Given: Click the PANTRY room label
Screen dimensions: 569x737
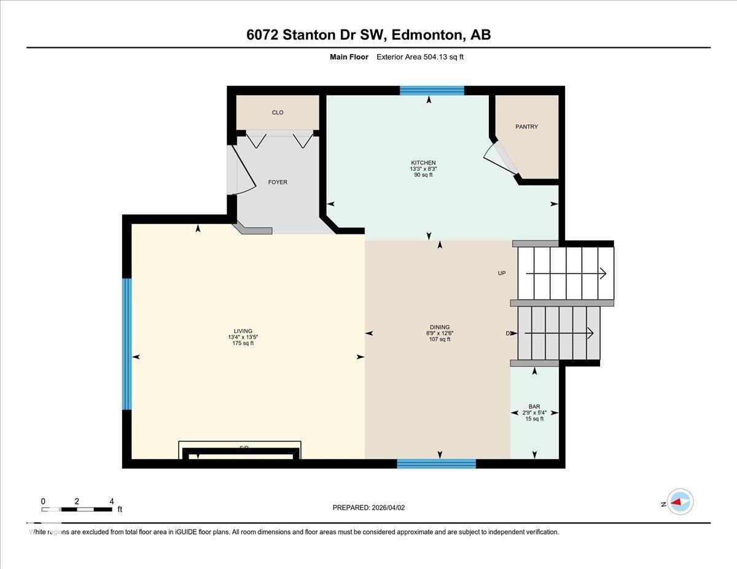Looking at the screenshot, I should click(526, 126).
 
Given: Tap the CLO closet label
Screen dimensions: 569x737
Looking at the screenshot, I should click(278, 112).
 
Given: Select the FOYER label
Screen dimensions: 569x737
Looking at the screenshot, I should click(278, 182).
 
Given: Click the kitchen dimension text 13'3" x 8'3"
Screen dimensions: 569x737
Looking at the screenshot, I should click(423, 169).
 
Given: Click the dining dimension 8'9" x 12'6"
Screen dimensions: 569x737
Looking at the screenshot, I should click(440, 333).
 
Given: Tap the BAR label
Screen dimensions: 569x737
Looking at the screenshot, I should click(534, 406).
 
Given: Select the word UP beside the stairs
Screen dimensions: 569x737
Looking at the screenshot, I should click(502, 273).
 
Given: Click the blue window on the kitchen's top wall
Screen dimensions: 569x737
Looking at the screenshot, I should click(432, 91).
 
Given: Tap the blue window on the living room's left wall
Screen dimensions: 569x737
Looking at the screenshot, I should click(127, 344).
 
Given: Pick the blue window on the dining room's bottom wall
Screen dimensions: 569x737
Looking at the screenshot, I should click(436, 463).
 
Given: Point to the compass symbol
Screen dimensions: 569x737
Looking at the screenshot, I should click(680, 501).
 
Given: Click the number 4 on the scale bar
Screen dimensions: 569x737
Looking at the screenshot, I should click(111, 501).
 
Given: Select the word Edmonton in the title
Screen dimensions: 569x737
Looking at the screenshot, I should click(427, 35).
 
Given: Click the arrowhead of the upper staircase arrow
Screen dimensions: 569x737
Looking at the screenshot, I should click(604, 273).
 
